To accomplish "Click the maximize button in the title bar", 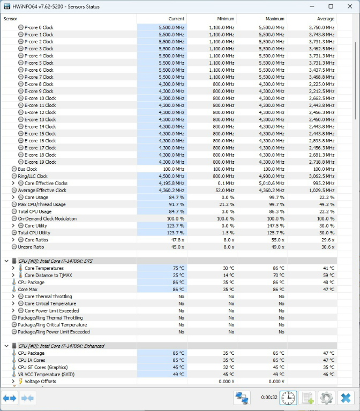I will [x=331, y=6].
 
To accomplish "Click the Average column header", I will [x=325, y=19].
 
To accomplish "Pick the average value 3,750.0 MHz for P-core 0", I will [x=321, y=27].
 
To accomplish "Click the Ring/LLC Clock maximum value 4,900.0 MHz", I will [x=272, y=176].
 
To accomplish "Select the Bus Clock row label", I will [x=27, y=169].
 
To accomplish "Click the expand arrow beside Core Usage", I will [x=13, y=197].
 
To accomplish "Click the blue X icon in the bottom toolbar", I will [x=346, y=398].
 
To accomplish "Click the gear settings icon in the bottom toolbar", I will [x=326, y=398].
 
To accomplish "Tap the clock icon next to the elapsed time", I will [x=288, y=398].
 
